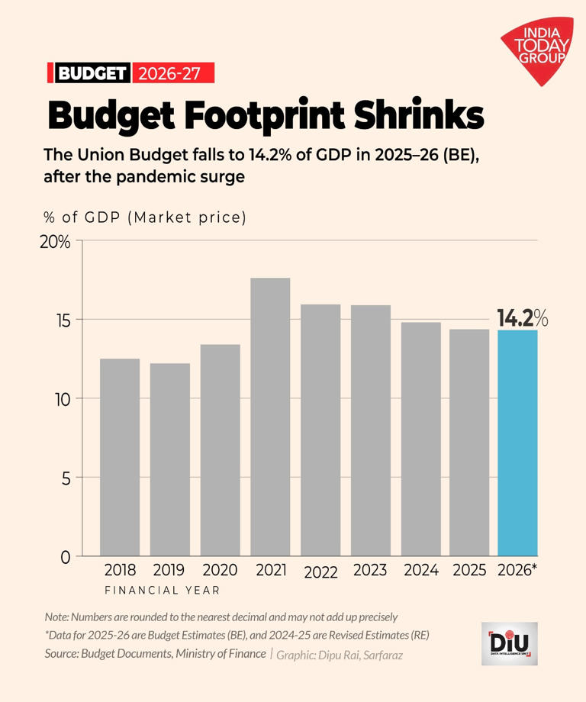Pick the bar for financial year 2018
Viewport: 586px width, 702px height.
pyautogui.click(x=120, y=457)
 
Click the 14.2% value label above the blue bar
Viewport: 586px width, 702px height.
pyautogui.click(x=523, y=317)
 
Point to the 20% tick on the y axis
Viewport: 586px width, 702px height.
pyautogui.click(x=55, y=242)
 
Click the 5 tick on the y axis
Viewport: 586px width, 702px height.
pyautogui.click(x=65, y=478)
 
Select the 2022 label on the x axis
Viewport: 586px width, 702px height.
pyautogui.click(x=320, y=572)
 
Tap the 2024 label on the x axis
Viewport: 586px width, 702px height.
pyautogui.click(x=420, y=570)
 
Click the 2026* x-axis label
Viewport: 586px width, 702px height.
pyautogui.click(x=517, y=570)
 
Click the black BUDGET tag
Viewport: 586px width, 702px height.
pyautogui.click(x=91, y=73)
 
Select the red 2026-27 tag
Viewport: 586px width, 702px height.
pyautogui.click(x=172, y=73)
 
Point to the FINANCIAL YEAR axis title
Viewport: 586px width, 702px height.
pyautogui.click(x=162, y=590)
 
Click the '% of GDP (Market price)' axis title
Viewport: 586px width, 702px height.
pyautogui.click(x=145, y=217)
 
